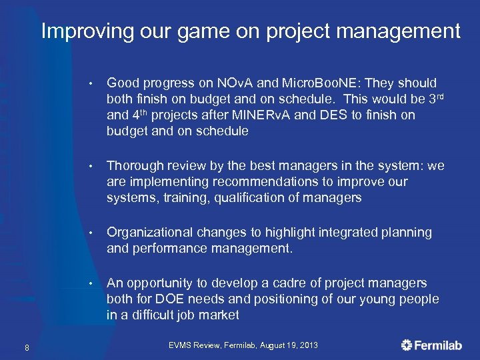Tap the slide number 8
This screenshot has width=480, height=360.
click(25, 345)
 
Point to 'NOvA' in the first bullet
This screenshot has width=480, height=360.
click(235, 83)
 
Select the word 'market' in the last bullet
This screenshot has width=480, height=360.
click(217, 315)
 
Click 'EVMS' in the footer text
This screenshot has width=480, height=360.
click(180, 345)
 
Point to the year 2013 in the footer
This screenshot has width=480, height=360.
click(307, 345)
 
